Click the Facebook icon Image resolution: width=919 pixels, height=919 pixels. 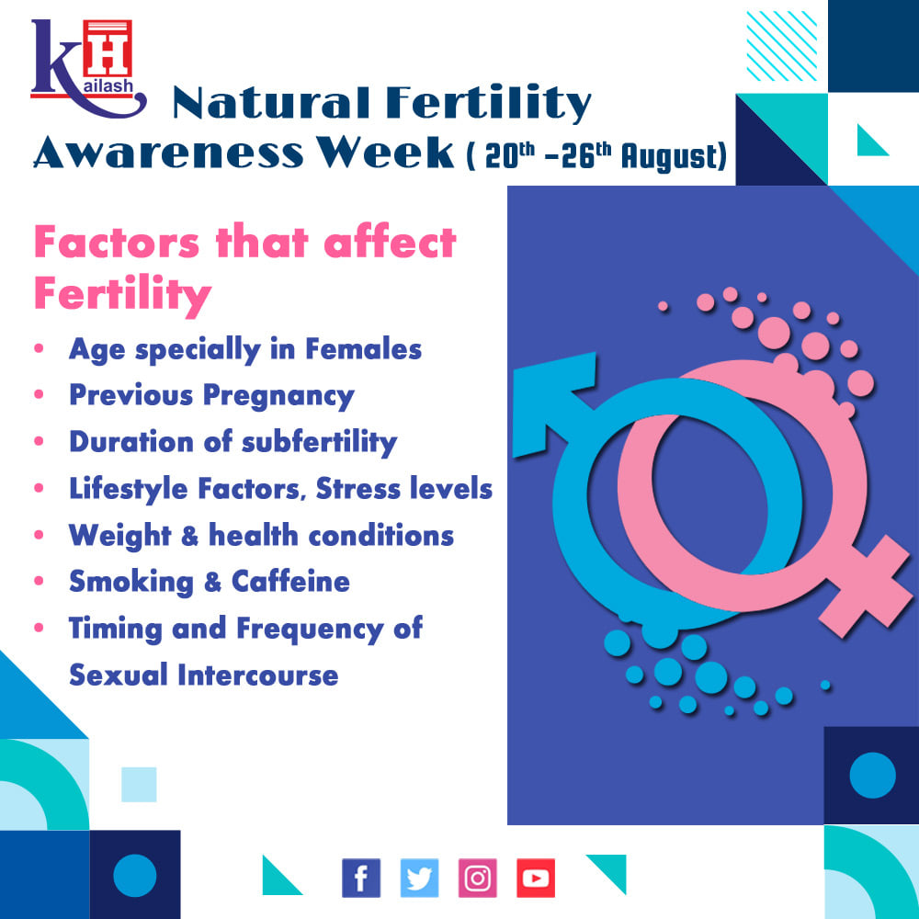(361, 878)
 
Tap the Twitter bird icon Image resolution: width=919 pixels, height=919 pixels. (419, 878)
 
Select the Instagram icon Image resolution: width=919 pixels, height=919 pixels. (477, 878)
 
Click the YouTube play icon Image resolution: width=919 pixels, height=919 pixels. (536, 878)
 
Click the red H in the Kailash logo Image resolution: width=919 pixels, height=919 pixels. (108, 49)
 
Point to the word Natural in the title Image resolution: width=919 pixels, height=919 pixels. (271, 103)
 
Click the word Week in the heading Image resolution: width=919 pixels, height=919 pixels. (386, 153)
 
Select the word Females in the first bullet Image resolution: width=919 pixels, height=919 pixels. (363, 349)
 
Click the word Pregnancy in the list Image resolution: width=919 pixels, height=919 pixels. (278, 396)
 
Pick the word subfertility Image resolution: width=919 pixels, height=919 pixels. (320, 443)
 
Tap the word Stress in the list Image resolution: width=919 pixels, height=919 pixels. (357, 488)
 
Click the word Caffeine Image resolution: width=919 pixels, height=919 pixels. (290, 582)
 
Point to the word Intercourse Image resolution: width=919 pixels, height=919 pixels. (258, 675)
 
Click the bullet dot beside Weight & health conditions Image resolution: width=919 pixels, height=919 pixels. (40, 535)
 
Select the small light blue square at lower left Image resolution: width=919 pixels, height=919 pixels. (139, 784)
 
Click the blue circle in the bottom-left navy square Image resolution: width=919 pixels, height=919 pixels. (135, 876)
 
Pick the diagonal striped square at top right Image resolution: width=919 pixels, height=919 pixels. (782, 46)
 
